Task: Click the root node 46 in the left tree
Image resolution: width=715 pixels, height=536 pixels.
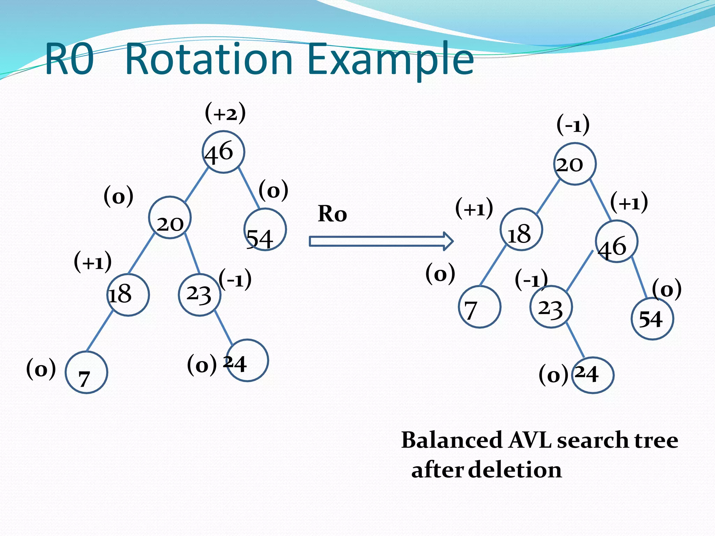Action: click(223, 152)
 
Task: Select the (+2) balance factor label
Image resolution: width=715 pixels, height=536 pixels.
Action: click(225, 113)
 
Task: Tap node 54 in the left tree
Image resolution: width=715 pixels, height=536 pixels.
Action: click(265, 230)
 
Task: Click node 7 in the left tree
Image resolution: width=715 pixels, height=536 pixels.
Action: click(86, 372)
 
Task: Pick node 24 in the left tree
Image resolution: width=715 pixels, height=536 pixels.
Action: click(247, 360)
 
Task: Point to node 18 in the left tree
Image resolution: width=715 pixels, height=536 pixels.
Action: click(128, 295)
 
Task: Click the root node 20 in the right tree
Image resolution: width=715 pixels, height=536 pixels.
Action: click(575, 164)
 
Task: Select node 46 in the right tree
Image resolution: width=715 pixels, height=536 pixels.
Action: click(617, 241)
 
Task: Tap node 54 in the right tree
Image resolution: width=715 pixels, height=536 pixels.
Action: click(652, 319)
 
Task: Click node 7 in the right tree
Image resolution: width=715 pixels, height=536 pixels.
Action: click(479, 307)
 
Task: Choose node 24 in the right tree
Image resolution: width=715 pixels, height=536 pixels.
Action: click(593, 375)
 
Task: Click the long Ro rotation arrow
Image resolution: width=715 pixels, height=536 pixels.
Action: click(381, 241)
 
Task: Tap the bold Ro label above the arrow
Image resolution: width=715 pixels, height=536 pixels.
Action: click(332, 214)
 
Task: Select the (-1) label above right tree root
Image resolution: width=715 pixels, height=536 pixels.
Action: click(573, 125)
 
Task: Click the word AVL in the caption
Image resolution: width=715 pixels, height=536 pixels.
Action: click(530, 440)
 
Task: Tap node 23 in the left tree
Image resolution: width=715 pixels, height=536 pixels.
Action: click(199, 295)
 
